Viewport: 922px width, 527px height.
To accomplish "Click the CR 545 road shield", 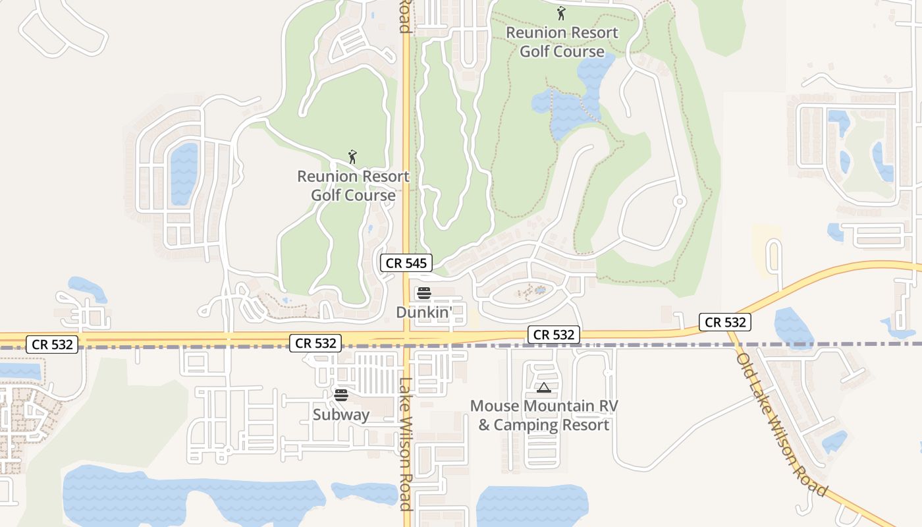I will tap(406, 263).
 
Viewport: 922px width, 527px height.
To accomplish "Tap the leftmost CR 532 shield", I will tap(53, 344).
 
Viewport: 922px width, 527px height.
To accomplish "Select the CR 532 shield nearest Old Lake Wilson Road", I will tap(725, 322).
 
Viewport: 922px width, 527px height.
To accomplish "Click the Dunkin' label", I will tap(423, 312).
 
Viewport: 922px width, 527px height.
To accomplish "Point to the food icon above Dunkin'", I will tap(423, 293).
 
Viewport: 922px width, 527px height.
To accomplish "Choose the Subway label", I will tap(340, 414).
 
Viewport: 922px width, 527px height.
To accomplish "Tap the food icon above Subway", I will tap(340, 395).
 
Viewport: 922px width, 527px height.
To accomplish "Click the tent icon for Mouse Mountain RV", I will tap(543, 387).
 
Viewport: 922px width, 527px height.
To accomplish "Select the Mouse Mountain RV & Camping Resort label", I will tap(544, 416).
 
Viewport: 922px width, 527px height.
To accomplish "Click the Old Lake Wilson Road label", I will tap(781, 425).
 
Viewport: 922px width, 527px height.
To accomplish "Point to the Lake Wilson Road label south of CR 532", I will tap(406, 444).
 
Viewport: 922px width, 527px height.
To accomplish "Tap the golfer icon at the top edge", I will tap(561, 13).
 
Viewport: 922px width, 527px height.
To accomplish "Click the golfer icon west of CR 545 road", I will tap(352, 157).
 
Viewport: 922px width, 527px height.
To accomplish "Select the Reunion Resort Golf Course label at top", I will tap(562, 42).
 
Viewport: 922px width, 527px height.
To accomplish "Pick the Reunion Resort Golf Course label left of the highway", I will tap(353, 186).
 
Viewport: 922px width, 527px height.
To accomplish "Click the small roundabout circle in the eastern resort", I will tap(680, 201).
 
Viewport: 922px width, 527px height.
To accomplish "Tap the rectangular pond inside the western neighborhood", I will tap(184, 174).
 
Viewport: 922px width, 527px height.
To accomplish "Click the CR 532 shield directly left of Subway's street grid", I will tap(316, 343).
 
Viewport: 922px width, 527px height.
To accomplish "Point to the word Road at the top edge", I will tap(404, 16).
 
